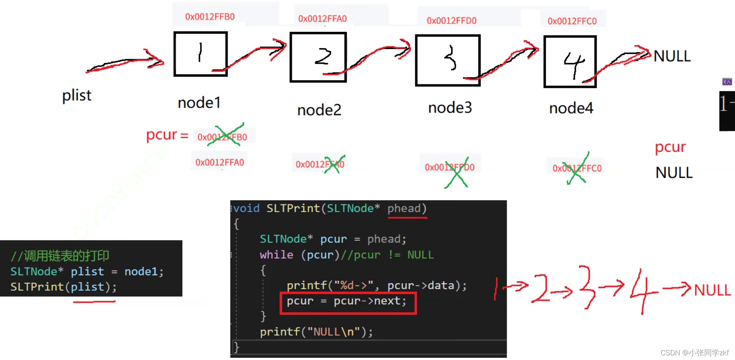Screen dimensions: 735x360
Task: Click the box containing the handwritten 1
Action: coord(200,54)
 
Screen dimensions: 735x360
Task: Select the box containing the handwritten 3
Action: coord(447,60)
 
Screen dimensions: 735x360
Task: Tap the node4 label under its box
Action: coord(571,108)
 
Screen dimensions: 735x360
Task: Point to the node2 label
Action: coord(319,110)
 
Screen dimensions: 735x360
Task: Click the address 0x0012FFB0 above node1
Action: coord(210,17)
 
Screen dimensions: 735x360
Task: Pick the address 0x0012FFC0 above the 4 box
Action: coord(572,21)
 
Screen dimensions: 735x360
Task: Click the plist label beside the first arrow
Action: coord(77,95)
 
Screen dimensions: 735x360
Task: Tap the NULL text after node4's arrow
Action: coord(672,57)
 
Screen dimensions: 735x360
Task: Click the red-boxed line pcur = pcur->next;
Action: coord(347,301)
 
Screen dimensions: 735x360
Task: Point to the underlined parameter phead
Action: coord(404,209)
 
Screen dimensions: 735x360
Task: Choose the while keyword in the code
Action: coord(276,255)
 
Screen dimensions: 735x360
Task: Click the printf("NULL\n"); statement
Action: coord(316,332)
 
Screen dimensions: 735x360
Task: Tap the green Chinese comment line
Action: coord(60,255)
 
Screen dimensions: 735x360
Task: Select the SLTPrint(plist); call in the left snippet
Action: coord(63,287)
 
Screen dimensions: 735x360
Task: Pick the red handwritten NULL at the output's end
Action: coord(712,290)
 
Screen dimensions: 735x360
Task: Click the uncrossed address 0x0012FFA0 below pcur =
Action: coord(219,162)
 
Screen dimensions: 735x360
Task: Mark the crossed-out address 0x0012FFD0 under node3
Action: coord(450,168)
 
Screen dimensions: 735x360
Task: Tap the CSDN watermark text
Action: coord(694,353)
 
